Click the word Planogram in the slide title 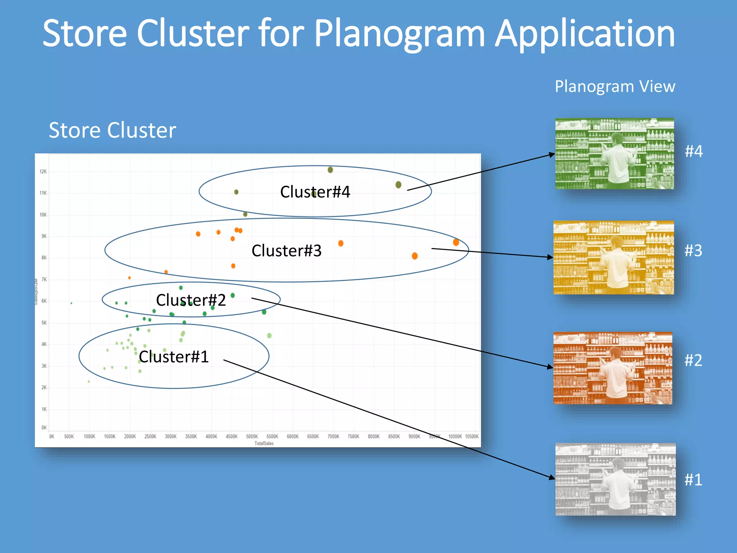coord(399,34)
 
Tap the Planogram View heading coord(615,86)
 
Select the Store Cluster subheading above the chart coord(112,130)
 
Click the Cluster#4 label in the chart coord(315,192)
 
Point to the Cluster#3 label coord(286,251)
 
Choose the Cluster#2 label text coord(191,300)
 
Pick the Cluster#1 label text coord(174,357)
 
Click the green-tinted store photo coord(614,154)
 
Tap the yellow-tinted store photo coord(613,258)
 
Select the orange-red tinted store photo coord(612,368)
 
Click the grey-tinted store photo coord(615,479)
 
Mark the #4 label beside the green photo coord(693,151)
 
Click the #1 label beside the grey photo coord(693,480)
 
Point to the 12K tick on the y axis coord(43,172)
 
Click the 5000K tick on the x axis coord(252,436)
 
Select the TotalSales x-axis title coord(264,443)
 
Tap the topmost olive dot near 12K coord(330,170)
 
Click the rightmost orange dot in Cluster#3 coord(456,242)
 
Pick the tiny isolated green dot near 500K coord(71,303)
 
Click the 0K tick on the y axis coord(44,428)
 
